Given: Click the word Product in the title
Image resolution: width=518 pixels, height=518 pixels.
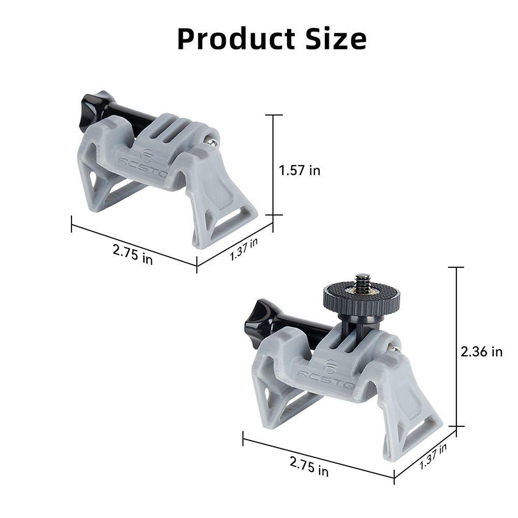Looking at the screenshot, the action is (236, 39).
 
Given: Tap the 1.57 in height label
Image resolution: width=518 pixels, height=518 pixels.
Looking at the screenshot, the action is (299, 170).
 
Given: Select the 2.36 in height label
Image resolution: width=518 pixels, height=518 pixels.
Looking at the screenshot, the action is (481, 352).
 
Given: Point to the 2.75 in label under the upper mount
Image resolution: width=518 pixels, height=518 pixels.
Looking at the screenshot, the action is (133, 254).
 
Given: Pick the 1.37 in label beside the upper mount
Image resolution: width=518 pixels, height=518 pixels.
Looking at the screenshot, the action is (244, 249).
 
